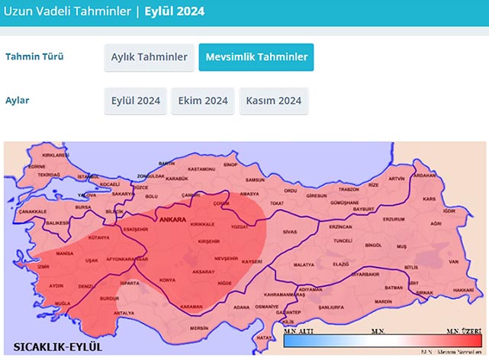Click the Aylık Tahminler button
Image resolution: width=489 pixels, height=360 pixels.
[149, 57]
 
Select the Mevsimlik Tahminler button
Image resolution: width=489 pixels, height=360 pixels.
[256, 57]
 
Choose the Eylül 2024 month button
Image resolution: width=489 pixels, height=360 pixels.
[136, 101]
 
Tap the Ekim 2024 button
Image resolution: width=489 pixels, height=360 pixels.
[203, 101]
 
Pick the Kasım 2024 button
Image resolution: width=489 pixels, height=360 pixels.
[274, 101]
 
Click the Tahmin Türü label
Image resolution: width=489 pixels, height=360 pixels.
[34, 57]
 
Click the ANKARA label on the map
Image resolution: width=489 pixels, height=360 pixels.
[171, 220]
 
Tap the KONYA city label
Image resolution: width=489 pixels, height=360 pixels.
[168, 280]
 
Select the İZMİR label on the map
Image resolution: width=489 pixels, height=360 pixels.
[43, 267]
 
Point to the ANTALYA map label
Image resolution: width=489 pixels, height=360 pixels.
[124, 313]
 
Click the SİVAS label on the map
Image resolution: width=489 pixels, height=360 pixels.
[288, 230]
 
